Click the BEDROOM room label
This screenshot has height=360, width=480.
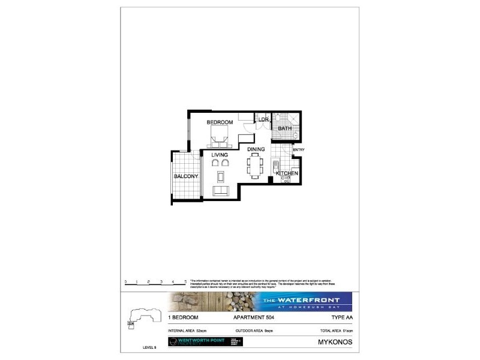click(x=220, y=122)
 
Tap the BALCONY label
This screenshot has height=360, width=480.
click(x=186, y=176)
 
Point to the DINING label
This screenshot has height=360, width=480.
click(x=256, y=150)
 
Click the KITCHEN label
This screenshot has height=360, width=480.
click(x=287, y=173)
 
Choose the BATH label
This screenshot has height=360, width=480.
click(x=284, y=127)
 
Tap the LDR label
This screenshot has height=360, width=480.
click(x=263, y=119)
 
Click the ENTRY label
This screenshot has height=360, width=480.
click(x=299, y=149)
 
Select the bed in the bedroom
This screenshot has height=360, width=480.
click(x=220, y=136)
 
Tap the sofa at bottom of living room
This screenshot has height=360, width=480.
click(x=221, y=191)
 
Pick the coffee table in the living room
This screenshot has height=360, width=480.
click(x=220, y=176)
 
